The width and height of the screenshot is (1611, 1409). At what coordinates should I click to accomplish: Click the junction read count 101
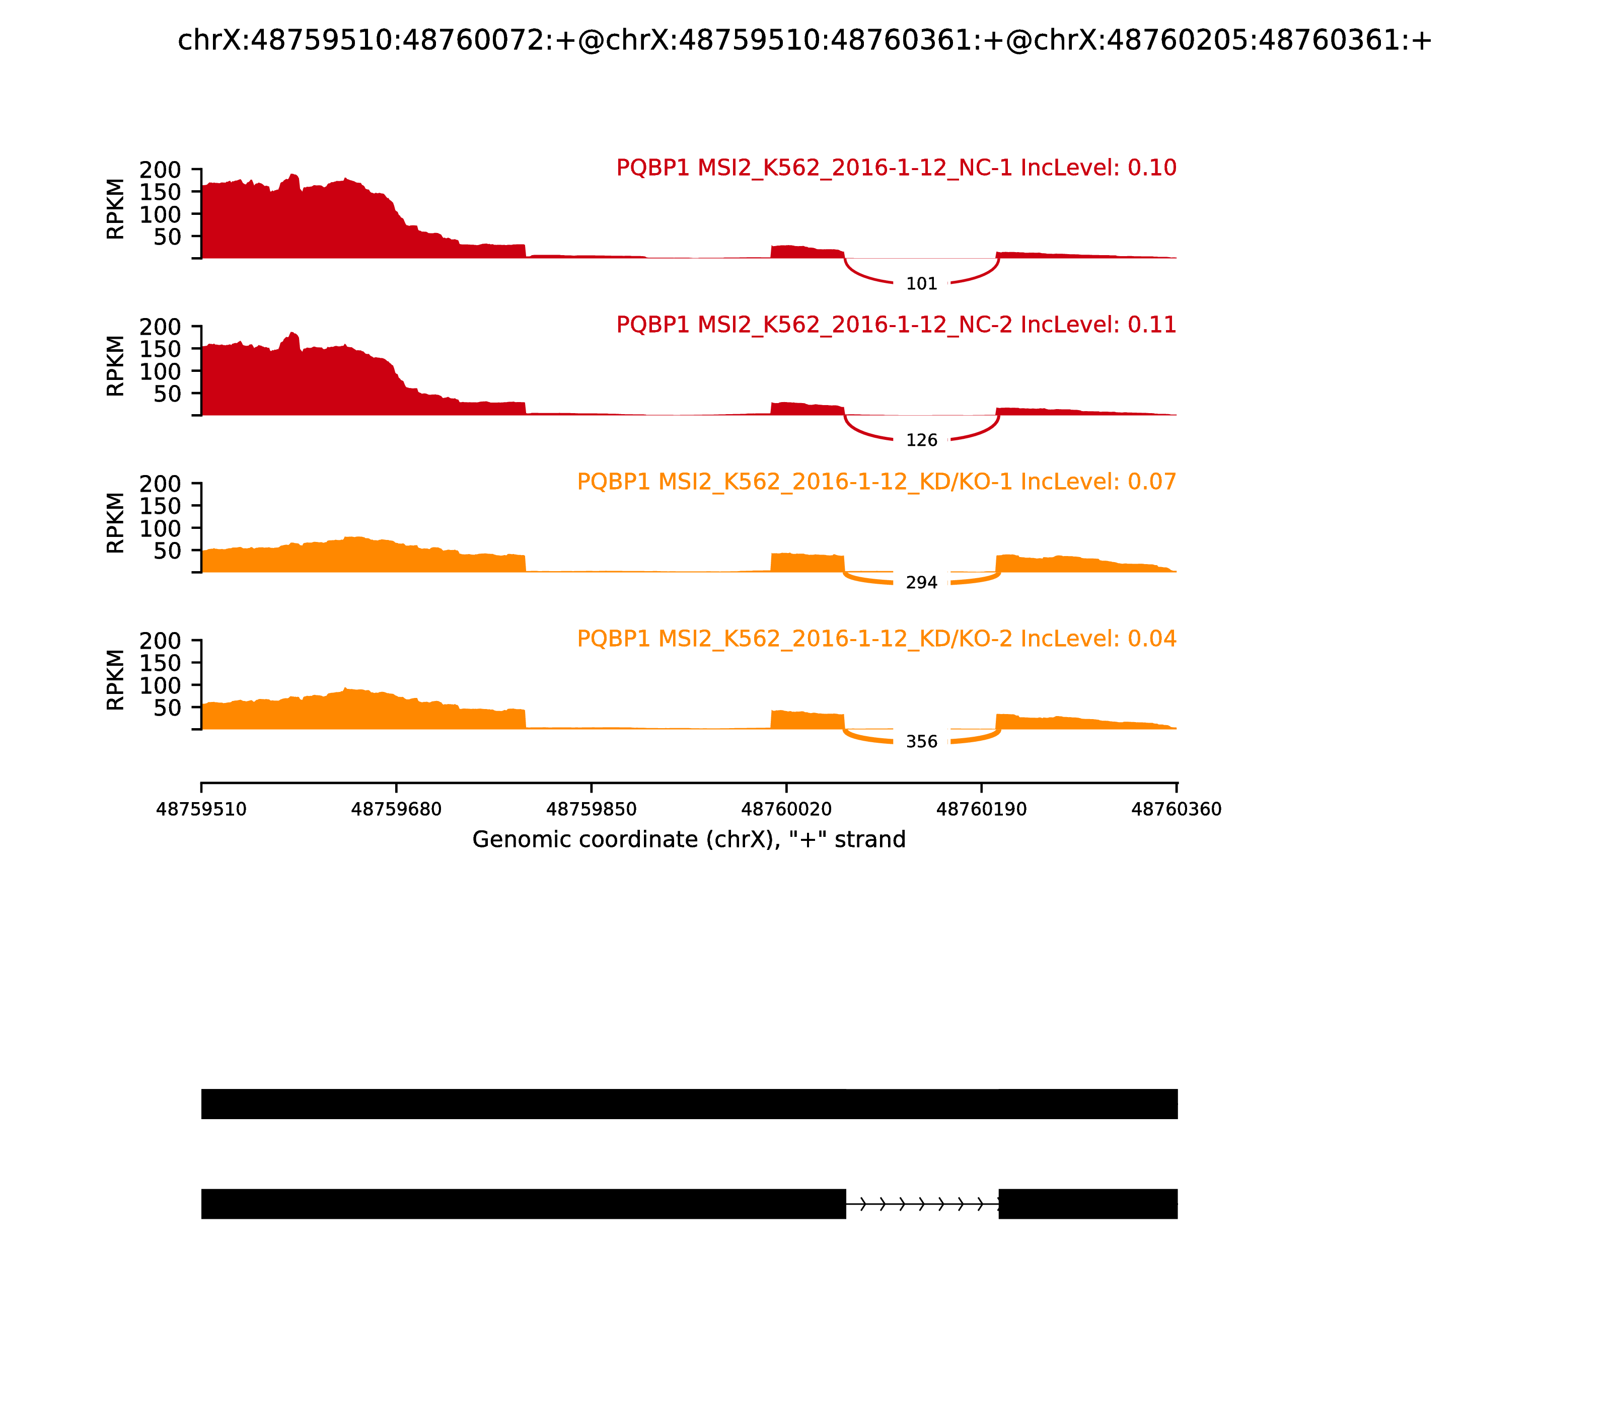[x=921, y=284]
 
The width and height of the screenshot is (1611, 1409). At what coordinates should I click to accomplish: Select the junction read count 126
[x=921, y=440]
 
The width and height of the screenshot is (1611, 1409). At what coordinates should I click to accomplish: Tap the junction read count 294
[x=921, y=583]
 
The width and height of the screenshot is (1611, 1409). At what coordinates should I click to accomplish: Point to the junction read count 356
[x=921, y=741]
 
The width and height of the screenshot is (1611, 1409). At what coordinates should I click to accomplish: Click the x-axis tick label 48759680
[x=396, y=809]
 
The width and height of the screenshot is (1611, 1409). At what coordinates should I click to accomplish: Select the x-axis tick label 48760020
[x=786, y=809]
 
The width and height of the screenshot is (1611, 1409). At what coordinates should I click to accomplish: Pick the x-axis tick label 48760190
[x=981, y=809]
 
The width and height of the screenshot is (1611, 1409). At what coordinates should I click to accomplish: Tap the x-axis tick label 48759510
[x=201, y=809]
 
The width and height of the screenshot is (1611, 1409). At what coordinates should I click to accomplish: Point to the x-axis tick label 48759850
[x=591, y=809]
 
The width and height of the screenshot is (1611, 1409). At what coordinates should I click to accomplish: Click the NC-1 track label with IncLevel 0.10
[x=896, y=168]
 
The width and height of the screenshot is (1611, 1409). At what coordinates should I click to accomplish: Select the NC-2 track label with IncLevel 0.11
[x=896, y=324]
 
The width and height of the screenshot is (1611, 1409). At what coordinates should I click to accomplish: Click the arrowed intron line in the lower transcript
[x=922, y=1204]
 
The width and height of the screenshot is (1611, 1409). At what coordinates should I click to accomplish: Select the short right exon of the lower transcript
[x=1088, y=1204]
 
